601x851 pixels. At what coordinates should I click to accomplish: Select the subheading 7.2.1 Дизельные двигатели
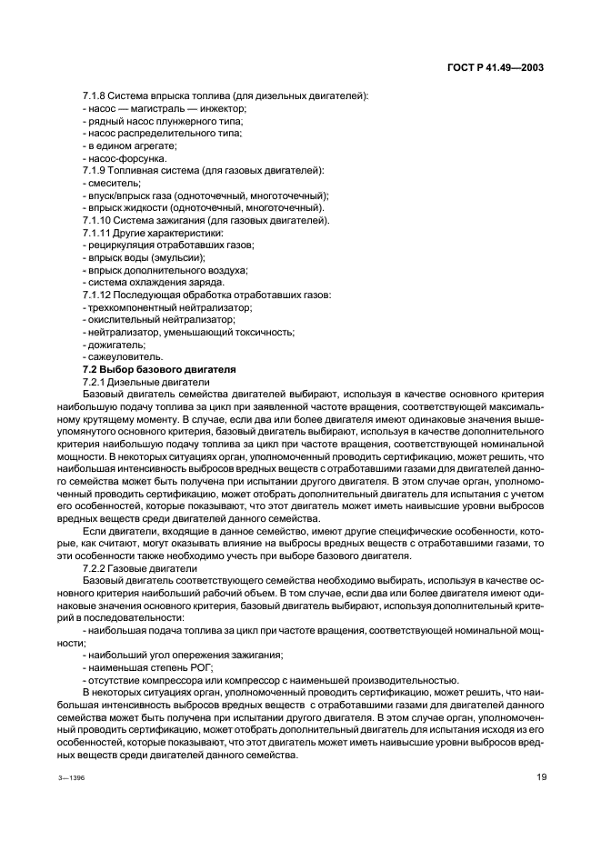[x=145, y=383]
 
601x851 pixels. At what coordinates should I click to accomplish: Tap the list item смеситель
[x=109, y=183]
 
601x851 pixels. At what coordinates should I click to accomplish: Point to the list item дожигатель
[x=114, y=345]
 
